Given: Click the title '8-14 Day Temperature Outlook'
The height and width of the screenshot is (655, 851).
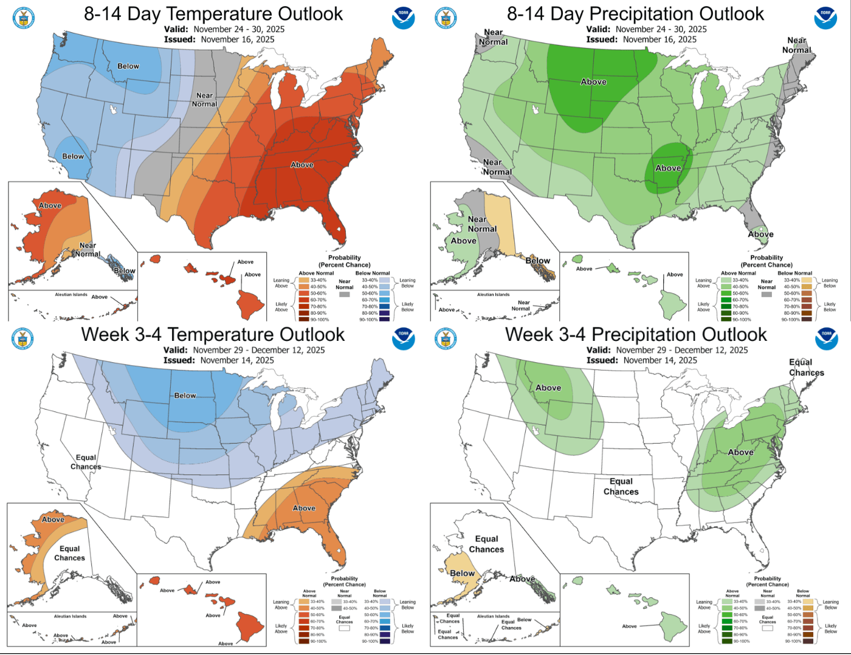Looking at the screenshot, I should [x=213, y=13].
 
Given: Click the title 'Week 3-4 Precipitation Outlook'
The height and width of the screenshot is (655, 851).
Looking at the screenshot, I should [x=636, y=334].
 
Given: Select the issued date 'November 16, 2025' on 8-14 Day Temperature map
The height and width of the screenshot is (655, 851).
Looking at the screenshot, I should [x=237, y=39].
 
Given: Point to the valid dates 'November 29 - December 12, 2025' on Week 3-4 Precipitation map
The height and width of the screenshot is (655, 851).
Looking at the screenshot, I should [x=681, y=350].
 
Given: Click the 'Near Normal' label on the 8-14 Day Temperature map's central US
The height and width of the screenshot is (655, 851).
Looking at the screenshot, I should [x=205, y=100].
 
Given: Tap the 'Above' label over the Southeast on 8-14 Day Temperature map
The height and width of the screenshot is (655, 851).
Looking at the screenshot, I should [x=302, y=165].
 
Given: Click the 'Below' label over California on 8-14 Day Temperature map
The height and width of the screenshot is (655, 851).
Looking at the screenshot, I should [x=73, y=156].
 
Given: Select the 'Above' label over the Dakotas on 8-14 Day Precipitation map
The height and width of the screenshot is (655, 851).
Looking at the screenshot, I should [x=593, y=81].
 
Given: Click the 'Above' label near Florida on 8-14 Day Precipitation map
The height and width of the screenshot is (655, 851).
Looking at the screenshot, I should [x=760, y=234].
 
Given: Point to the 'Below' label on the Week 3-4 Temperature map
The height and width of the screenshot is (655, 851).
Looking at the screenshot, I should [x=185, y=395].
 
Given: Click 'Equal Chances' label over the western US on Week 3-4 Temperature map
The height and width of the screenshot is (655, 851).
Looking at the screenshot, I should [x=86, y=462].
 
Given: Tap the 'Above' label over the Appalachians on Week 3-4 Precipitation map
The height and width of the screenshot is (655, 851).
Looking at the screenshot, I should [x=740, y=452].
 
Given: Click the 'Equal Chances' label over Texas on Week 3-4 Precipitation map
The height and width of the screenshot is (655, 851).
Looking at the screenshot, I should [x=621, y=486].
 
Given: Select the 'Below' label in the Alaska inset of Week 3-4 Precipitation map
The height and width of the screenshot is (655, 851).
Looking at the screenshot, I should [x=462, y=573].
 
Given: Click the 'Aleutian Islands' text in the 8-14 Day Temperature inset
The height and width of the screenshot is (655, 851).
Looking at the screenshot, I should [x=71, y=295].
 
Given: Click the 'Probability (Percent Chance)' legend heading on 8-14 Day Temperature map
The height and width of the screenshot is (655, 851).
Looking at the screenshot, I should [x=345, y=261].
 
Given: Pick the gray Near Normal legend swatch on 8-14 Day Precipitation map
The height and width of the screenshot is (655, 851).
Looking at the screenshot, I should [x=767, y=294].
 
